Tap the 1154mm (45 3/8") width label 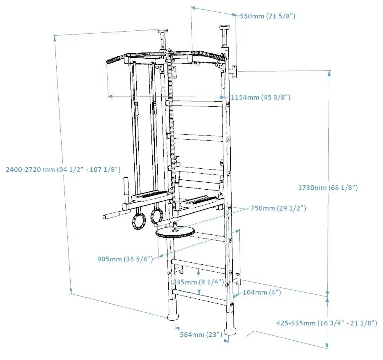(261, 97)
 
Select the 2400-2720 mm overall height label (63, 169)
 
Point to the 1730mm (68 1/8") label (328, 188)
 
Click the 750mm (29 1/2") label (278, 208)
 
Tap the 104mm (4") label (262, 292)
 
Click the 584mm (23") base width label (201, 334)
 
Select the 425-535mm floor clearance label (327, 323)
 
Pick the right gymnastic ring (156, 216)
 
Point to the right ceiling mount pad (223, 27)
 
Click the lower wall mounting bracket (238, 279)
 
